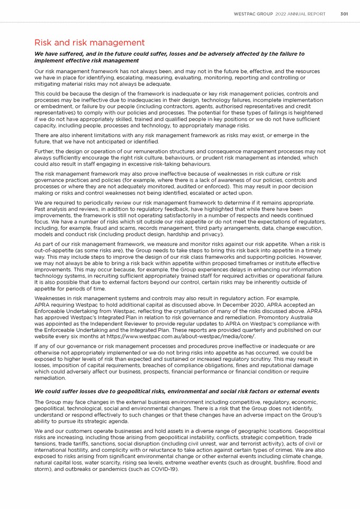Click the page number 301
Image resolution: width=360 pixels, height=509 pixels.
click(344, 14)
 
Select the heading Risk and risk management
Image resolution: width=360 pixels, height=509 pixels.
click(89, 42)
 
